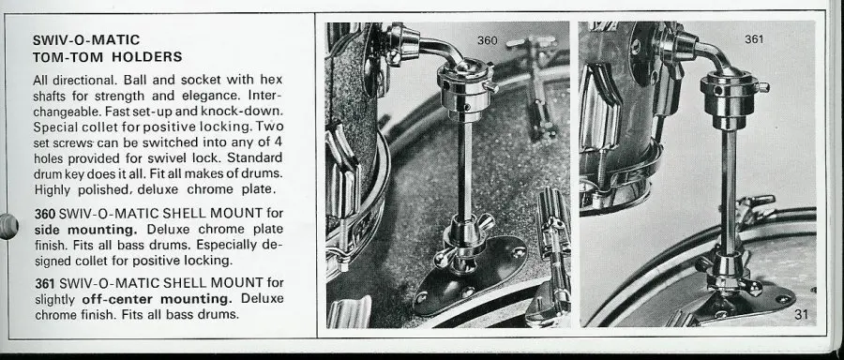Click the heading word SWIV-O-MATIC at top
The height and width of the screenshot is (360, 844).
click(86, 39)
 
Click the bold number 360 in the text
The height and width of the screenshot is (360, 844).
click(45, 214)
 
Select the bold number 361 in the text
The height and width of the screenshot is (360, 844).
click(45, 282)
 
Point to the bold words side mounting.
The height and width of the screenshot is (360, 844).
click(86, 230)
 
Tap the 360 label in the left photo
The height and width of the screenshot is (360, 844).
click(487, 40)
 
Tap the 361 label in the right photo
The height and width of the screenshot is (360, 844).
click(754, 38)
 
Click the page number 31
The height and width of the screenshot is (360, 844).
click(802, 314)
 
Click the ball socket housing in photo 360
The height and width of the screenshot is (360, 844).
click(465, 85)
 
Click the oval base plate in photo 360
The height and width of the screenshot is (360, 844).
click(470, 276)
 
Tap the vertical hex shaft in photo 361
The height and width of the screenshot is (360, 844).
click(729, 192)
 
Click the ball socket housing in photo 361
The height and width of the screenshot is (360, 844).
click(729, 98)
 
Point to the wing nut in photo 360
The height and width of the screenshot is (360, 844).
click(464, 239)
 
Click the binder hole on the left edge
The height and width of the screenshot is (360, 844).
click(8, 226)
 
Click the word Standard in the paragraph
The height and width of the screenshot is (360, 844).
click(256, 158)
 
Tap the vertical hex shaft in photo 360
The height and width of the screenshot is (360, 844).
click(464, 171)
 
